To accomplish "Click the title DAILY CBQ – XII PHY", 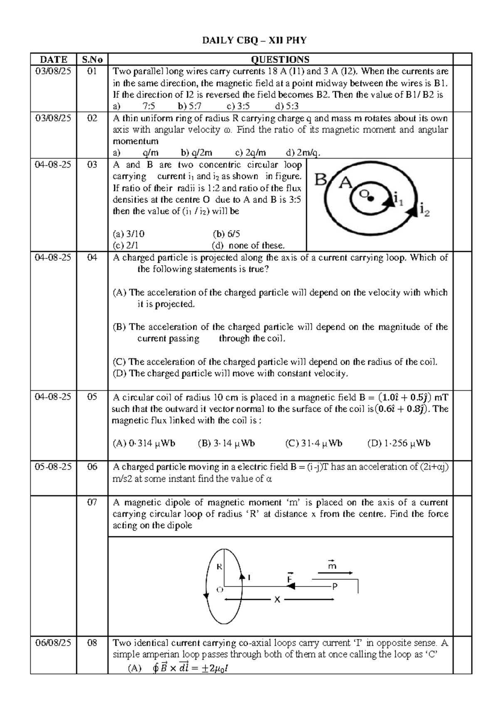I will [254, 40].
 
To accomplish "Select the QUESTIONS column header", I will [280, 59].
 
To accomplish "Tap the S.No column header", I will [92, 59].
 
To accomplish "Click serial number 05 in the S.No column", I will [92, 397].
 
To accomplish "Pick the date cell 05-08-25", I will [53, 467].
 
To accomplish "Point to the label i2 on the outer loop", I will [425, 209].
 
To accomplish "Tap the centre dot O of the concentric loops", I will [371, 198].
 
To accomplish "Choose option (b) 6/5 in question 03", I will [226, 234].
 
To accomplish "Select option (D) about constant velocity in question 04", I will [230, 373].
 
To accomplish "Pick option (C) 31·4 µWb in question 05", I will [314, 444].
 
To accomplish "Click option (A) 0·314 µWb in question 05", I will [144, 444].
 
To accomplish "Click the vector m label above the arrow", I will [332, 565].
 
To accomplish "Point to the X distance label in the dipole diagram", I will [277, 599].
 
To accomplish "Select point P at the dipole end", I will [334, 586].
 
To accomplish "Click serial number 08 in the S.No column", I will [92, 643].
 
